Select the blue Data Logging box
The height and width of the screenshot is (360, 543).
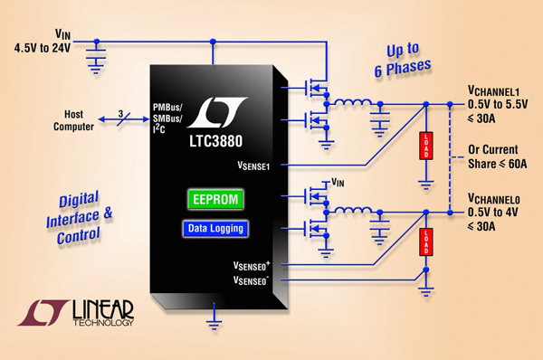214,229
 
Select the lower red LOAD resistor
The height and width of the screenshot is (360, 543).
424,246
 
